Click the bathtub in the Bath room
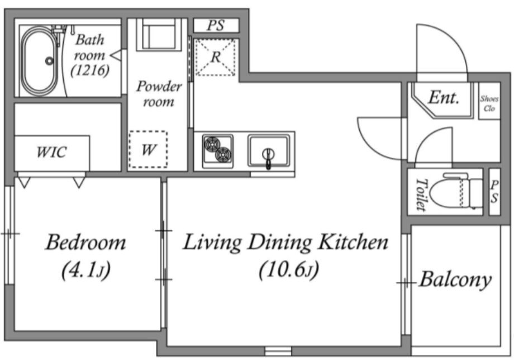click(39, 61)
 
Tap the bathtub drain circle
click(50, 61)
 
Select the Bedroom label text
click(85, 242)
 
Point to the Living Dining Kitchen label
click(285, 243)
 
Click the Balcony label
click(456, 280)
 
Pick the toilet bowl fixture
click(456, 192)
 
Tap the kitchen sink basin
click(269, 151)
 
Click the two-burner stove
click(218, 151)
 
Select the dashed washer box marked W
click(148, 149)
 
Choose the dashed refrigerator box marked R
click(215, 58)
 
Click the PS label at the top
click(216, 25)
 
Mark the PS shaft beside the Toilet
click(494, 192)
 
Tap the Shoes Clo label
click(489, 103)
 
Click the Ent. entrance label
click(444, 97)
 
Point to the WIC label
click(51, 152)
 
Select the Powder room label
click(159, 94)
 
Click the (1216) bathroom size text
click(90, 70)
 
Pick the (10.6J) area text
click(288, 270)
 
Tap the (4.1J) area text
click(86, 270)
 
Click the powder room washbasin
click(159, 35)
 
